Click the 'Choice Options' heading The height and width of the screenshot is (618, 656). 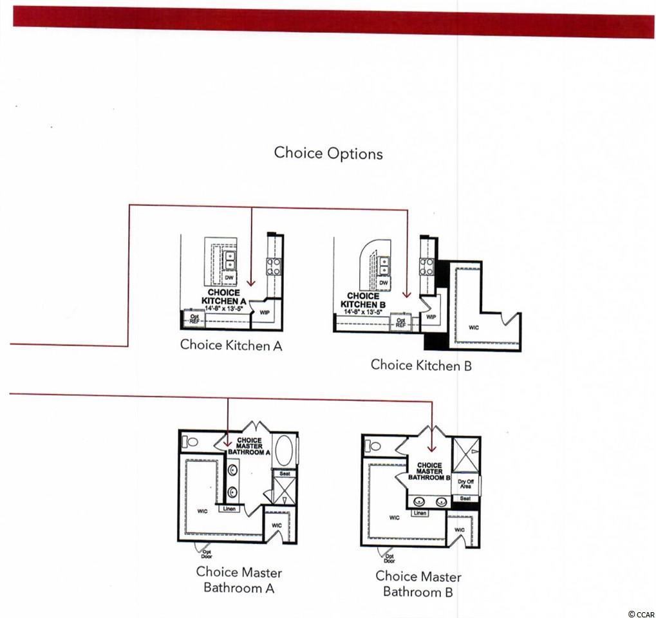[x=328, y=153]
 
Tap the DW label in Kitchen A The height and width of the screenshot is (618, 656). [x=229, y=277]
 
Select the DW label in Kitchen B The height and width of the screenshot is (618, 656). [x=384, y=283]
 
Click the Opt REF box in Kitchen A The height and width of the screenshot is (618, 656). [x=192, y=317]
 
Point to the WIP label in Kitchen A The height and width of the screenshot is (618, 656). [x=264, y=312]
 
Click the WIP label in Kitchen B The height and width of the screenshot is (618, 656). [x=431, y=317]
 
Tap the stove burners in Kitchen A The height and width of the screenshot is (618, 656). [x=274, y=267]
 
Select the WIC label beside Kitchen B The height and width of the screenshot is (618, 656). [x=474, y=327]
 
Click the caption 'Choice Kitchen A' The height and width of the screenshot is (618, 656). [x=231, y=345]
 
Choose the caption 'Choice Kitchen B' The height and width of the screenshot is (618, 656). [x=421, y=365]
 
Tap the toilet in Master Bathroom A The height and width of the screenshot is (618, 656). [x=191, y=442]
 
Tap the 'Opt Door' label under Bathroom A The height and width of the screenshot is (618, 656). [x=208, y=552]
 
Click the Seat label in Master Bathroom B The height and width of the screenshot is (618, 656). [x=465, y=498]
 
